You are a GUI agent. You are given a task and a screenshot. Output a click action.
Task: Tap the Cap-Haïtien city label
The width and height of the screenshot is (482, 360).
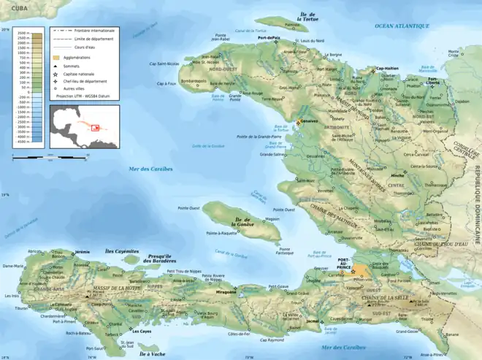click(388, 69)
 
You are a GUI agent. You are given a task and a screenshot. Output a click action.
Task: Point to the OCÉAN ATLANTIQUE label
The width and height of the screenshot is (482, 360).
click(402, 26)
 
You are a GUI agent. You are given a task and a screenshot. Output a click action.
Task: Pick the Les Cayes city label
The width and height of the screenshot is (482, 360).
click(142, 332)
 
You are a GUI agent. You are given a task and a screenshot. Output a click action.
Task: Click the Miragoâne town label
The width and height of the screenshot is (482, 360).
click(226, 292)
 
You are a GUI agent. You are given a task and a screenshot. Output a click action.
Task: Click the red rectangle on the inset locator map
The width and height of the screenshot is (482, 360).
click(94, 127)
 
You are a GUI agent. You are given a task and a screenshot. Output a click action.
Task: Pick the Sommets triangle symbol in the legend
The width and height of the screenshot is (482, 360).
click(56, 66)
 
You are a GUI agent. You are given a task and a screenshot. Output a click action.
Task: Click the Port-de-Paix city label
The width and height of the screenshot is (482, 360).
click(269, 37)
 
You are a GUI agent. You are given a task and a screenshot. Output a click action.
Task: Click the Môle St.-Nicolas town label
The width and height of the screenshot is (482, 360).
click(205, 62)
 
